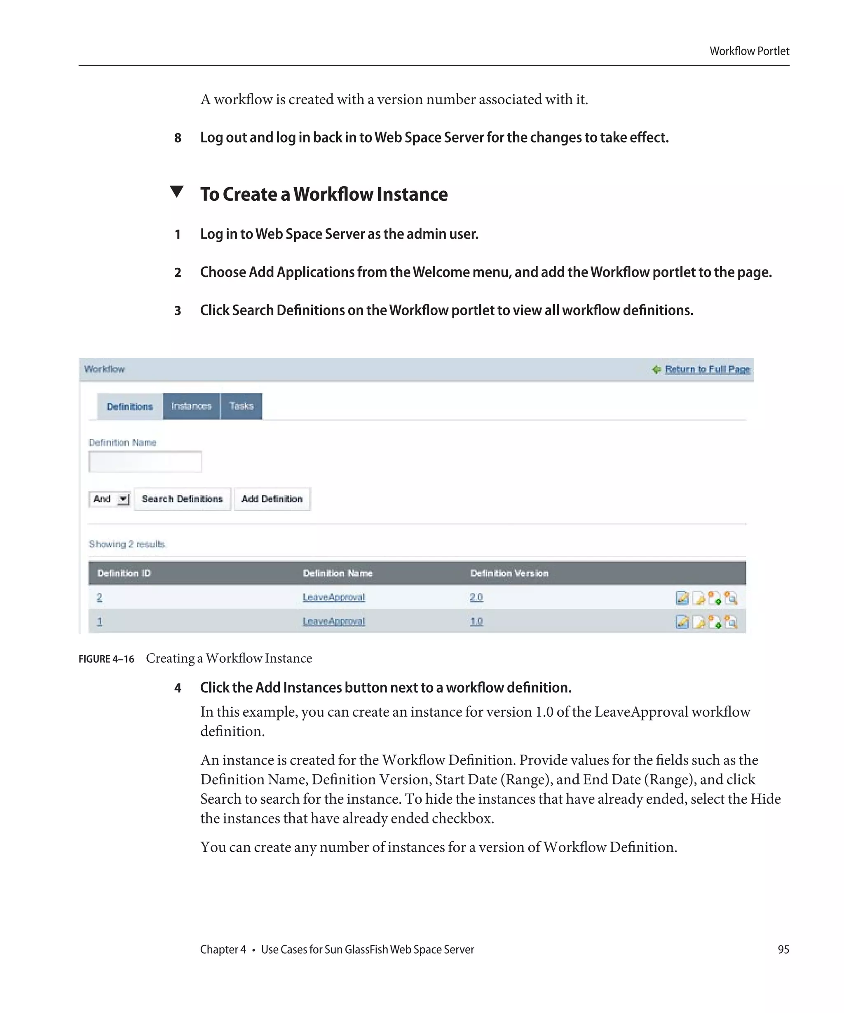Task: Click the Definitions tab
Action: tap(129, 406)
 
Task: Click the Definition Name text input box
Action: tap(145, 462)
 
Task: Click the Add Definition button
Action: tap(272, 499)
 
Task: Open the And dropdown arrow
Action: tap(124, 499)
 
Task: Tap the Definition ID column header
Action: tap(124, 573)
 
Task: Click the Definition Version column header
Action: tap(509, 573)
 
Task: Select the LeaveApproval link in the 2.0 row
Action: tap(334, 597)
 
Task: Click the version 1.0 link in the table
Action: tap(476, 621)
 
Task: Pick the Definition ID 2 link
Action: tap(99, 597)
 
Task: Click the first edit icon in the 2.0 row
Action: tap(682, 598)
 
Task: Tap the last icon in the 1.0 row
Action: tap(731, 622)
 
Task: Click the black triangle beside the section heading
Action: tap(177, 192)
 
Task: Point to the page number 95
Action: tap(783, 949)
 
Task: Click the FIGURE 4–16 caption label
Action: tap(106, 659)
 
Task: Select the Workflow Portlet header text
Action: tap(749, 51)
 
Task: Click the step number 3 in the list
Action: tap(178, 311)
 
